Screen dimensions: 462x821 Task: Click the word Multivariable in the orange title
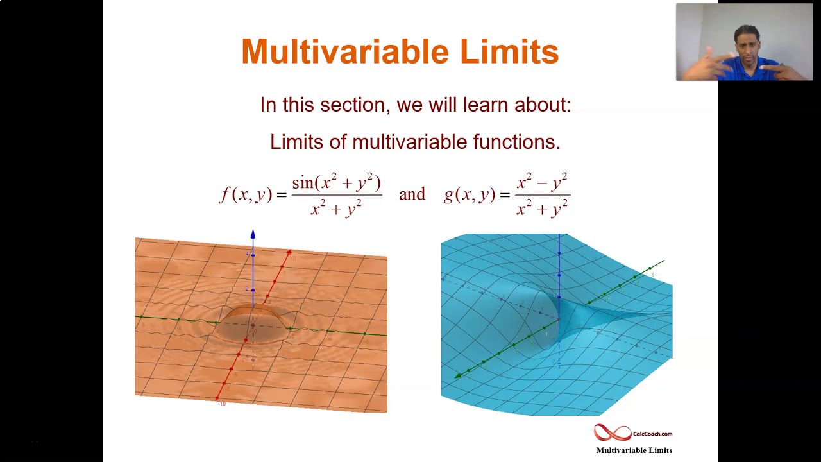(x=345, y=52)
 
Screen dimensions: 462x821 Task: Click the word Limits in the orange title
(x=509, y=52)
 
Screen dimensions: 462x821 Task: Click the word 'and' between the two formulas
(x=412, y=194)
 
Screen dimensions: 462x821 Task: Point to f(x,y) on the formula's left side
(x=246, y=194)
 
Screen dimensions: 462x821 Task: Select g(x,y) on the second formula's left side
(x=469, y=194)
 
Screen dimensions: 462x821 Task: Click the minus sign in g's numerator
(x=541, y=184)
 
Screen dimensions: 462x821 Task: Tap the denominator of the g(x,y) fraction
(x=542, y=208)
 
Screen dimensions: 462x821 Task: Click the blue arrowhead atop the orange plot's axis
(x=253, y=235)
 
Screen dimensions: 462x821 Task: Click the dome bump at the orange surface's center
(x=253, y=321)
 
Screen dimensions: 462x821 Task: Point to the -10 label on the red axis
(x=221, y=404)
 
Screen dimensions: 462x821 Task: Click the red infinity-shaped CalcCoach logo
(x=612, y=433)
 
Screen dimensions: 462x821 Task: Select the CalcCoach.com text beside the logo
(x=652, y=434)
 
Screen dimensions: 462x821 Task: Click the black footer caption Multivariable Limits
(x=634, y=450)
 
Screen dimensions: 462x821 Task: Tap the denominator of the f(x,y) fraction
(x=336, y=208)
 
